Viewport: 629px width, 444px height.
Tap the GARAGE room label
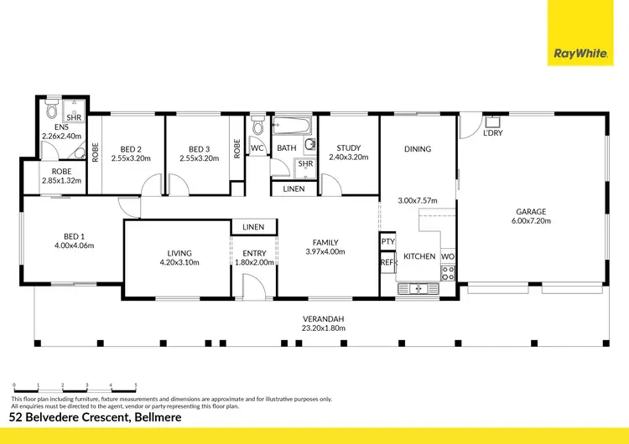[x=532, y=212]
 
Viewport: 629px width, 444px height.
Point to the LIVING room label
[x=179, y=252]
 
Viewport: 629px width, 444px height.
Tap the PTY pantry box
[x=387, y=242]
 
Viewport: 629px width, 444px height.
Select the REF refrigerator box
[x=387, y=262]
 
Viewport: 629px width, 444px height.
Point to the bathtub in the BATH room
[x=293, y=128]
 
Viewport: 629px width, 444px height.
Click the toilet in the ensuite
[x=52, y=111]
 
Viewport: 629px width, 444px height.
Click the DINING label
[x=417, y=149]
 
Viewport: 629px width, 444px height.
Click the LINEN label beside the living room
[x=253, y=227]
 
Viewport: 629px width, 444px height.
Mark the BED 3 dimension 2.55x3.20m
[x=198, y=157]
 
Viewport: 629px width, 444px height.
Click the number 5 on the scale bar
[x=136, y=386]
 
